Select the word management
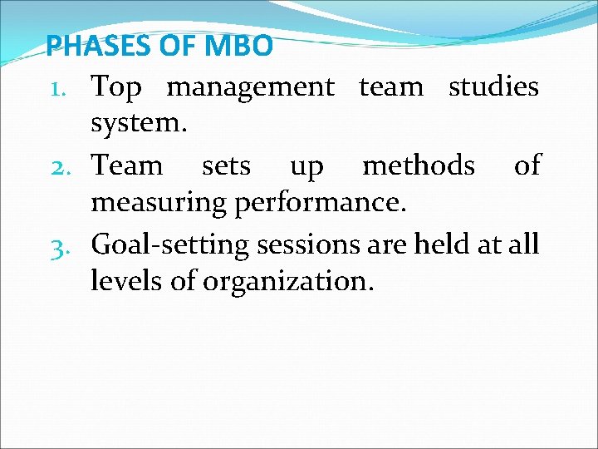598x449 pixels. click(x=251, y=87)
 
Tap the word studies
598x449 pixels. click(x=493, y=86)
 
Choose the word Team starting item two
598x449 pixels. click(x=127, y=165)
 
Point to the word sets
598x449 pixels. click(x=226, y=166)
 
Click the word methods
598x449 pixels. click(x=419, y=165)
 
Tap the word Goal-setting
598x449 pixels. click(x=170, y=245)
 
